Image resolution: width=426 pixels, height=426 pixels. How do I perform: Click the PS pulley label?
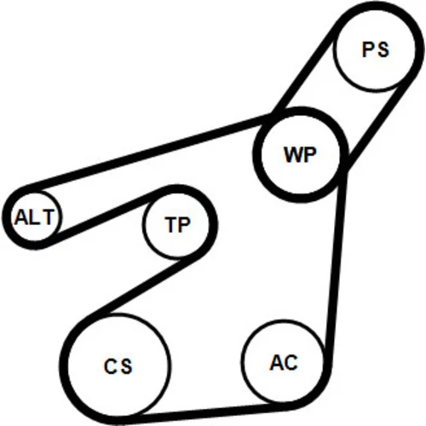click(376, 49)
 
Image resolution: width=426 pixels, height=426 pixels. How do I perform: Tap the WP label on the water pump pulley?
click(300, 154)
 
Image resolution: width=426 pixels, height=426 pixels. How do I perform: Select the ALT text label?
click(34, 217)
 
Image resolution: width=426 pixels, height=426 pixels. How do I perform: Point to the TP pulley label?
click(177, 225)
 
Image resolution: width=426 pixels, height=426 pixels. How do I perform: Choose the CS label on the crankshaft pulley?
click(118, 366)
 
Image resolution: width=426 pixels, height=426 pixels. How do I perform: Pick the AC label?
click(284, 362)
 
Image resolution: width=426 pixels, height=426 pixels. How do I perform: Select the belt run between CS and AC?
click(204, 412)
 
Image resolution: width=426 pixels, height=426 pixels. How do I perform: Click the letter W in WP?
click(293, 155)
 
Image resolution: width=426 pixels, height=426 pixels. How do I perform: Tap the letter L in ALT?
click(34, 217)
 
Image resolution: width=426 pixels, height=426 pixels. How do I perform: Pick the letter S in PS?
click(383, 49)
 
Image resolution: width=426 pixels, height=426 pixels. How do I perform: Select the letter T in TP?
click(171, 225)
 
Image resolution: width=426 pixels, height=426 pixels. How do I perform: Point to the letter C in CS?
click(111, 366)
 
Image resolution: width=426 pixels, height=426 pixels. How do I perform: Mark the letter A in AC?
click(277, 362)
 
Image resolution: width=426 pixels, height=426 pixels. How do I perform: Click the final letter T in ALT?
click(48, 217)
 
